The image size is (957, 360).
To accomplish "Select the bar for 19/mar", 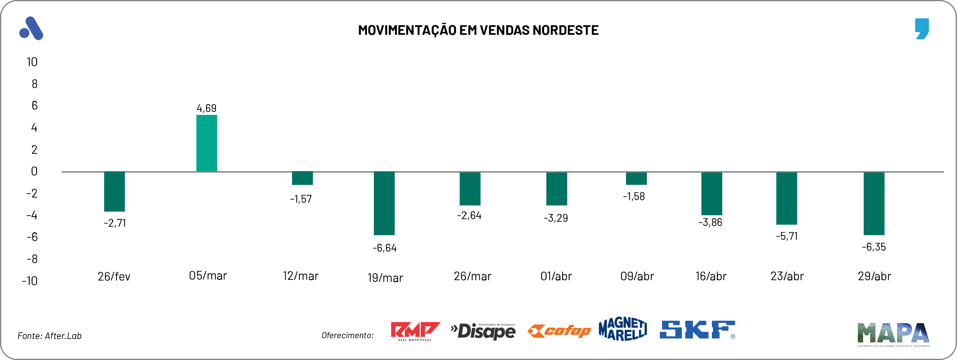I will (384, 203).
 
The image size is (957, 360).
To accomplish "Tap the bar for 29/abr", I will (874, 203).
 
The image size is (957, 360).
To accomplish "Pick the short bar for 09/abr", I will (636, 178).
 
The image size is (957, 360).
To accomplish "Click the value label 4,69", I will (207, 108).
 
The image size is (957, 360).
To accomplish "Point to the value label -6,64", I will (384, 248).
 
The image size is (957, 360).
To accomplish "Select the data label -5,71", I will (786, 236).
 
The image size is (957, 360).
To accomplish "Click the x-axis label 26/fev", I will (114, 277).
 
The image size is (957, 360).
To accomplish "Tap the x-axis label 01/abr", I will (556, 276).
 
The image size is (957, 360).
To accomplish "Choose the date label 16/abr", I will (711, 276).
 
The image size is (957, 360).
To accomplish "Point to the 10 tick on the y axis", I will (32, 62).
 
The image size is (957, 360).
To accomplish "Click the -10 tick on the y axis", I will (30, 281).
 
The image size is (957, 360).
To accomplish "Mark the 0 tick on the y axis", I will (34, 171).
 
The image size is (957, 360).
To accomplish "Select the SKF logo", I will (697, 330).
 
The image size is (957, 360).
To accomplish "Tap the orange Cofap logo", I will (559, 331).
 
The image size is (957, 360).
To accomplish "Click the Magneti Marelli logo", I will (623, 329).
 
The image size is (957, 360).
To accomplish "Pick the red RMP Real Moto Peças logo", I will (415, 331).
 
